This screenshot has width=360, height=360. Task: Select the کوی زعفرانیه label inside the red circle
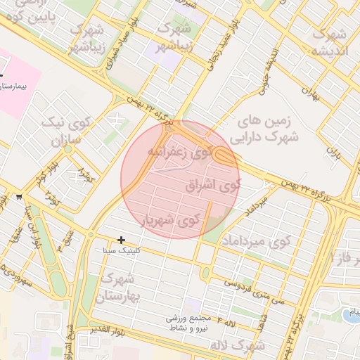pos(180,152)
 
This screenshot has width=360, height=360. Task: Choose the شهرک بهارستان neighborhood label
pos(122,287)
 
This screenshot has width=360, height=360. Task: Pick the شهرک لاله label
pos(240,347)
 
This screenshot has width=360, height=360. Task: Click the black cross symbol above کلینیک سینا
pos(122,240)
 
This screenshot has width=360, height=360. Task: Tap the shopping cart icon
pos(18,197)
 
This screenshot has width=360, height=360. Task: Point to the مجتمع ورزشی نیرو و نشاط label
pos(193,323)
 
